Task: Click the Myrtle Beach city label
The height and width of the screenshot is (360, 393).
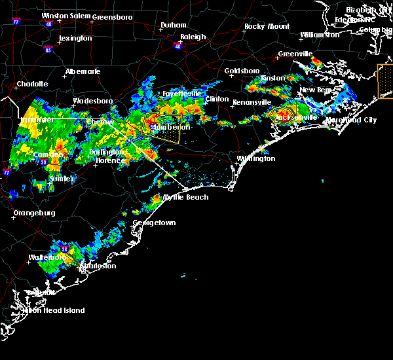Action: point(186,197)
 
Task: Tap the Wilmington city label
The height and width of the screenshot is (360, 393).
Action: point(256,158)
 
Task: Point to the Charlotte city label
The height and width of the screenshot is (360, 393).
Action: point(32,84)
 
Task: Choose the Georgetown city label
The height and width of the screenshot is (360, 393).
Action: point(154,223)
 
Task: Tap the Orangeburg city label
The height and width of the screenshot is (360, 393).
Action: point(34,213)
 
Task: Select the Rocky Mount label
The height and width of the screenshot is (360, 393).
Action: point(267,26)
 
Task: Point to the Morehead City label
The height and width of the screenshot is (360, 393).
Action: point(352,120)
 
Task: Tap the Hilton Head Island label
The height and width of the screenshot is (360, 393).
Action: point(59,310)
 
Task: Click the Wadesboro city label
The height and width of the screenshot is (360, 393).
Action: point(92,101)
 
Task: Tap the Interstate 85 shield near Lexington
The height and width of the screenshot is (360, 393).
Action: point(48,50)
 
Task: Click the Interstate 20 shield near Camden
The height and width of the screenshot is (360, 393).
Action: point(43,162)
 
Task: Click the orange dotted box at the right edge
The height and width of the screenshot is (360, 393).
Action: point(385,81)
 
